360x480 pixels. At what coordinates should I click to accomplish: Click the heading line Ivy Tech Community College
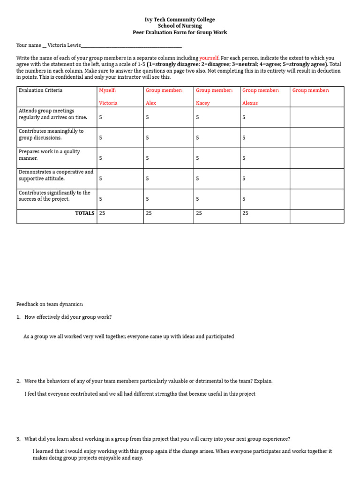pyautogui.click(x=180, y=20)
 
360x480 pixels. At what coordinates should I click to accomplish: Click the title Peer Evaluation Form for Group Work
pyautogui.click(x=180, y=32)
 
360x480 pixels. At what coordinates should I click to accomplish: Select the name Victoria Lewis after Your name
pyautogui.click(x=64, y=45)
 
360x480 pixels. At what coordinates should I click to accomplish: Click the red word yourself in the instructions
pyautogui.click(x=209, y=58)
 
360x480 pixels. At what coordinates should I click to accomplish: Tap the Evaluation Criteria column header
pyautogui.click(x=40, y=90)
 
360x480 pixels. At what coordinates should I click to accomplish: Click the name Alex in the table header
pyautogui.click(x=150, y=103)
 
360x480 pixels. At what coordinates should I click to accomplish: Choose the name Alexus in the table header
pyautogui.click(x=250, y=103)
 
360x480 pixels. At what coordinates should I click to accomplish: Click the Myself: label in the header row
pyautogui.click(x=107, y=90)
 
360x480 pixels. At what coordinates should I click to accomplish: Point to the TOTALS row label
pyautogui.click(x=84, y=213)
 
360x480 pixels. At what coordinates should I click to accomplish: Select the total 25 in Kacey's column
pyautogui.click(x=199, y=213)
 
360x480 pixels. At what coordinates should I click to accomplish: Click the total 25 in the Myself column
pyautogui.click(x=102, y=213)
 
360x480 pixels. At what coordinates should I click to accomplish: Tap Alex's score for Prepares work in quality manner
pyautogui.click(x=147, y=158)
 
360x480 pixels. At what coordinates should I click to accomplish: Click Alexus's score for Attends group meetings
pyautogui.click(x=244, y=118)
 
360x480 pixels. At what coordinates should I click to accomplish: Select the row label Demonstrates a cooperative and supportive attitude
pyautogui.click(x=56, y=175)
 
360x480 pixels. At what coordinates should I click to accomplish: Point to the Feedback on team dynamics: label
pyautogui.click(x=49, y=304)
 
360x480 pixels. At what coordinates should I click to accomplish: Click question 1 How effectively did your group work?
pyautogui.click(x=68, y=317)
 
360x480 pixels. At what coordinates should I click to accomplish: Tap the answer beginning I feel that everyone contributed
pyautogui.click(x=140, y=394)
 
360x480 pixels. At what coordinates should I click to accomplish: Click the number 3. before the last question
pyautogui.click(x=18, y=439)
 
